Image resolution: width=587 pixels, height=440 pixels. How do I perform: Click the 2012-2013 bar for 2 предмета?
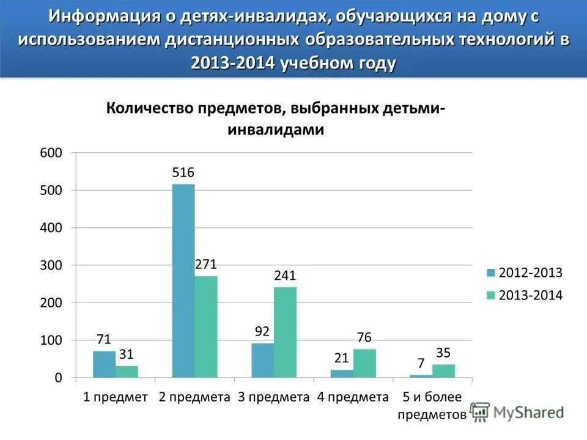coord(183,281)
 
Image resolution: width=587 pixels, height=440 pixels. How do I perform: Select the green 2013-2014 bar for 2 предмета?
coord(206,327)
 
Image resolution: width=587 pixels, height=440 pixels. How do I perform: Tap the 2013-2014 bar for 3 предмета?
coord(285,332)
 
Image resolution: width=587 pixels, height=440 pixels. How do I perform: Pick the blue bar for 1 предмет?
coord(104,364)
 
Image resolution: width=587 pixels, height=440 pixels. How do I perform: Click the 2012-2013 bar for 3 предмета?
coord(262,361)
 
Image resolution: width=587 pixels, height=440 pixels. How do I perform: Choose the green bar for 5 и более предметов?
coord(443,371)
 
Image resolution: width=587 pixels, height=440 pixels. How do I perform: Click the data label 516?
coord(183,173)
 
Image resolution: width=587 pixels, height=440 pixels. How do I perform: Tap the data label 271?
coord(206,265)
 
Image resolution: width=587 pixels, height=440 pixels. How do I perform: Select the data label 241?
coord(285,276)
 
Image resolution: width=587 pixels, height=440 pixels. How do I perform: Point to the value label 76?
coord(364,337)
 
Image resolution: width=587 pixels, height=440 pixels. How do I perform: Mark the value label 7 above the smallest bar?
coord(421,363)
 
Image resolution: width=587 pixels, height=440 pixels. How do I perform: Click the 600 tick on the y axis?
coord(51,153)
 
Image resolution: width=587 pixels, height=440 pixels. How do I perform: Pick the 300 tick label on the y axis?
coord(51,265)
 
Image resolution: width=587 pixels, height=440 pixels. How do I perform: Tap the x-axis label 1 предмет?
coord(116,397)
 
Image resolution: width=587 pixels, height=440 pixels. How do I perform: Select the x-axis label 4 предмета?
coord(353,397)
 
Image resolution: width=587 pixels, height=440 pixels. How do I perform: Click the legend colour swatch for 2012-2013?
coord(491,273)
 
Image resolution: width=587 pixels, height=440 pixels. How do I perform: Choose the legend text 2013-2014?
coord(531,295)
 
